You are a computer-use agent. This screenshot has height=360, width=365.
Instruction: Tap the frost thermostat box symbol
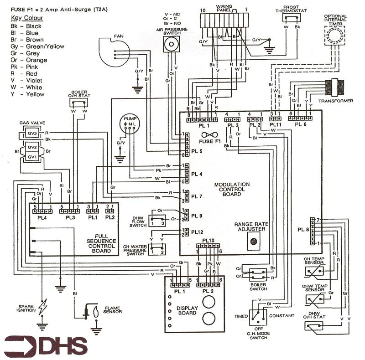291,18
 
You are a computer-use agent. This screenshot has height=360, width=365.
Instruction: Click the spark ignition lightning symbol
43,307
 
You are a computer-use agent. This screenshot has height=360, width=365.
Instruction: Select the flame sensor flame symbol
96,311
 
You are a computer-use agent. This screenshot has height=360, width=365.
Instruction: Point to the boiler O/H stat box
78,103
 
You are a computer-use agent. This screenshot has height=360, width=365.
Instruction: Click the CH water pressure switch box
156,250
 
